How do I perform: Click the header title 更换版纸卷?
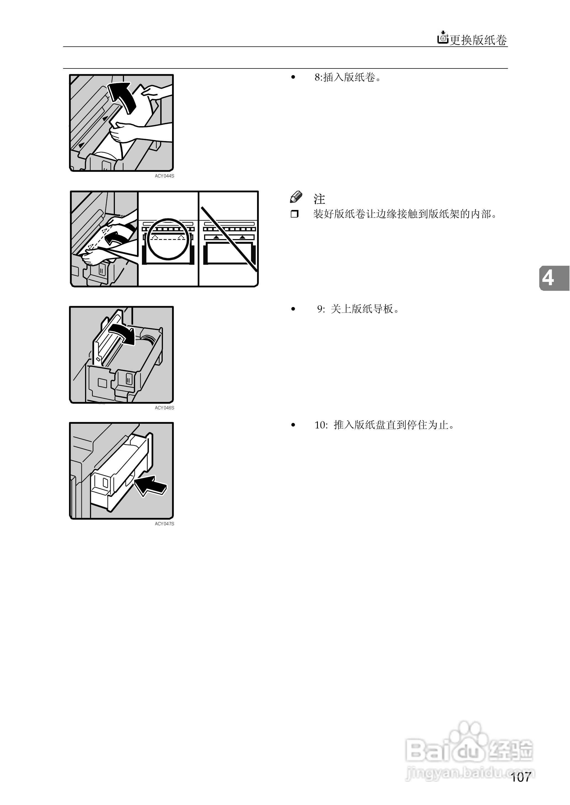pos(478,40)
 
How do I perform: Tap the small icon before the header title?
pos(443,38)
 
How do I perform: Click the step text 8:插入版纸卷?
pos(347,77)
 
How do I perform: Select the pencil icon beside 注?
pos(296,197)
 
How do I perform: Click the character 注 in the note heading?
pos(319,199)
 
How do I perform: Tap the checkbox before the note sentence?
pos(294,214)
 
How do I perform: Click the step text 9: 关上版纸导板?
pos(358,309)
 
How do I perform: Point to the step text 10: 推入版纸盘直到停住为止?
pos(384,425)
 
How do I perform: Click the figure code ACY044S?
pos(164,176)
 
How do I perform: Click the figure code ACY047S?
pos(164,524)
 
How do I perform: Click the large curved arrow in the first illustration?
pos(123,96)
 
